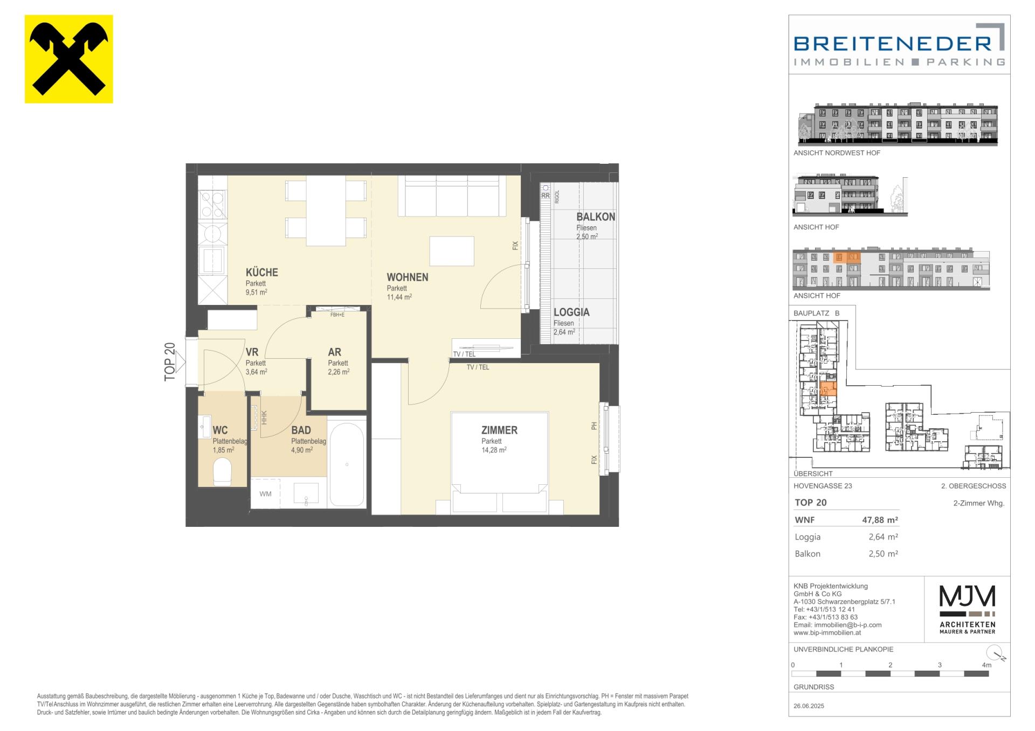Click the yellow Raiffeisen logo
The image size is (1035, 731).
tap(69, 59)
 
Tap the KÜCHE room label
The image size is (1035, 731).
tap(262, 273)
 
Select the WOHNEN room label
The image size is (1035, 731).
tap(408, 277)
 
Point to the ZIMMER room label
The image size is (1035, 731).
tap(499, 430)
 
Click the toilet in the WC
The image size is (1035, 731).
tap(222, 472)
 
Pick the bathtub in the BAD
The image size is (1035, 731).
tap(347, 464)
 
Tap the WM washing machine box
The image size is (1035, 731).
tap(266, 493)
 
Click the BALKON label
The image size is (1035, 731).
tap(596, 217)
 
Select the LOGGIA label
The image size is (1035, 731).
tap(571, 312)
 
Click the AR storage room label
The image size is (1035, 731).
tap(335, 352)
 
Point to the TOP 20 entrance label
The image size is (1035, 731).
tap(170, 362)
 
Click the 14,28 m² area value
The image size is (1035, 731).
tap(494, 450)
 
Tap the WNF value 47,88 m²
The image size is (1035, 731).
tap(880, 520)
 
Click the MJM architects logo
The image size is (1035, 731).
tap(968, 609)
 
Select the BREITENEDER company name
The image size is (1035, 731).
tap(893, 43)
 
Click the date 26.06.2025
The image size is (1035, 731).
tap(809, 706)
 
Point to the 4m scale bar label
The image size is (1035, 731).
tap(986, 665)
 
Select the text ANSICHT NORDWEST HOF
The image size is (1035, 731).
tap(837, 153)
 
